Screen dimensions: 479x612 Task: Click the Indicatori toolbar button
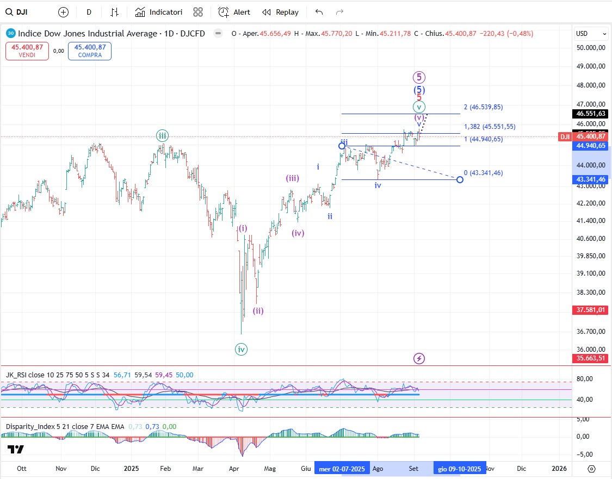[x=159, y=12]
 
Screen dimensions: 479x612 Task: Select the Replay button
[x=281, y=12]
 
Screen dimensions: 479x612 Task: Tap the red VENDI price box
[x=27, y=51]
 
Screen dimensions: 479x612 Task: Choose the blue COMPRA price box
[x=90, y=51]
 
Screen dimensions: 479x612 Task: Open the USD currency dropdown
[x=591, y=34]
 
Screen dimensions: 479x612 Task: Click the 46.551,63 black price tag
[x=591, y=114]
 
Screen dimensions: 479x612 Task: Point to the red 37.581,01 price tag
[x=591, y=310]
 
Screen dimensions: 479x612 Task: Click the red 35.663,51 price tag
[x=591, y=358]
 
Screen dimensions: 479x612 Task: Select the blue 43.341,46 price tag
[x=591, y=179]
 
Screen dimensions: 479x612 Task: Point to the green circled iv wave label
[x=241, y=350]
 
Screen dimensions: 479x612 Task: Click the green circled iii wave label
[x=162, y=135]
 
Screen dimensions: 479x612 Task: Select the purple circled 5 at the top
[x=419, y=77]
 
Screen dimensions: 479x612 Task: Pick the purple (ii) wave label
[x=258, y=311]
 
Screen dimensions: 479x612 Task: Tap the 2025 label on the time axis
[x=132, y=468]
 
